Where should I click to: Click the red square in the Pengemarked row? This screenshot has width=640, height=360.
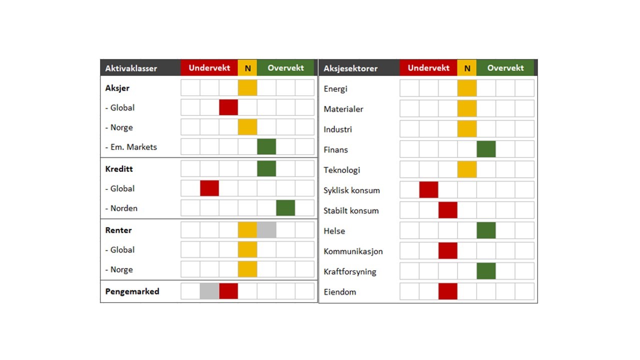point(228,291)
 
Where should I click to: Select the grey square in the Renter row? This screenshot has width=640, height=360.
point(266,230)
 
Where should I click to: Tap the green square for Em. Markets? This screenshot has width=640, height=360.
point(266,146)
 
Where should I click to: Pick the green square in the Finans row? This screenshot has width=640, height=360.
point(486,149)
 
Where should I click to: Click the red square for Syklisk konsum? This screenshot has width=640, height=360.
point(428,190)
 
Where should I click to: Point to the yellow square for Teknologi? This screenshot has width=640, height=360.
point(467,169)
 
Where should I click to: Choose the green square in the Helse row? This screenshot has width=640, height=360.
point(486,230)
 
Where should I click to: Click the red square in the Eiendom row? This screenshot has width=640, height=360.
point(448,291)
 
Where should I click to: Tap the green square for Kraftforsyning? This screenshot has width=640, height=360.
point(486,271)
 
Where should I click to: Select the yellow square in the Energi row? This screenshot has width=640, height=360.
point(467,88)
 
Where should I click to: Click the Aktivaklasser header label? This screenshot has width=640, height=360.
point(131,68)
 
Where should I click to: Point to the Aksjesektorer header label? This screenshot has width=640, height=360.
point(350,68)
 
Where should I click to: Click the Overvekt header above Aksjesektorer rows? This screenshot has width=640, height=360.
point(505,68)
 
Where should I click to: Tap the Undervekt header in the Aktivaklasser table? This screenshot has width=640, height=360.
point(209,68)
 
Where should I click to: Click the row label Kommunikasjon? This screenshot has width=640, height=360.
point(353,251)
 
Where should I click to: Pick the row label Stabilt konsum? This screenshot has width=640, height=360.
point(351,210)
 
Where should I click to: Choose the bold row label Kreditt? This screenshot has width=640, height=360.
point(119,168)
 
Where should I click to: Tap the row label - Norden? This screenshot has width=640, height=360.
point(121,208)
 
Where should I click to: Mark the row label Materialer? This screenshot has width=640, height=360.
point(343,109)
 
